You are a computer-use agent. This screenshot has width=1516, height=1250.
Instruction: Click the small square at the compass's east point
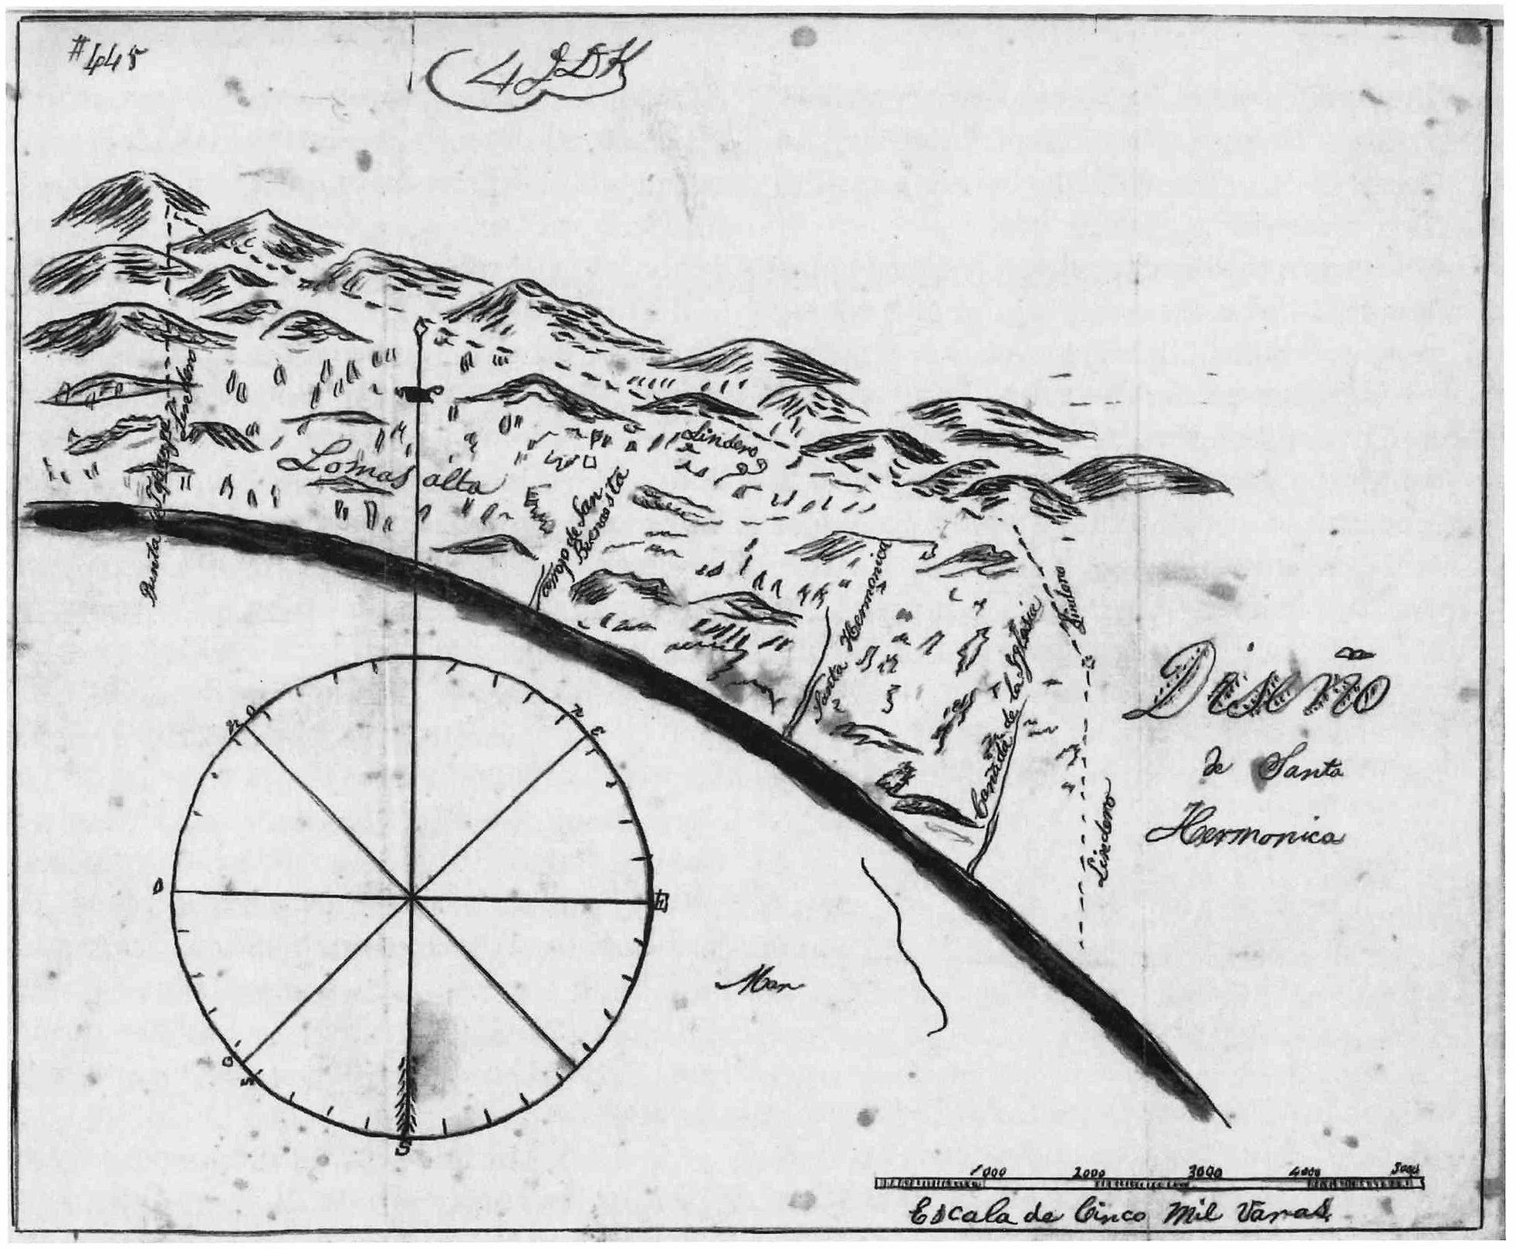coord(661,901)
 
